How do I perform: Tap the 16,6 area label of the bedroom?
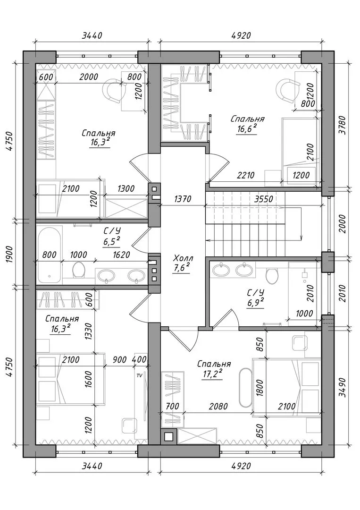(247, 128)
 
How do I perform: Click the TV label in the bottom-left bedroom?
(139, 375)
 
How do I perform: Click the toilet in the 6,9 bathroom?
(272, 274)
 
